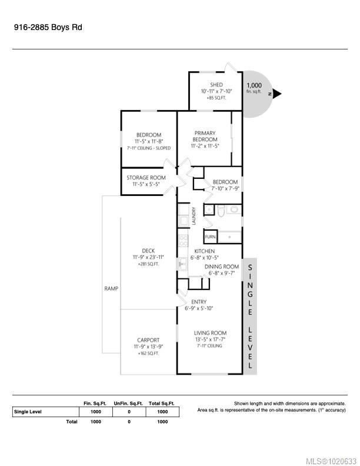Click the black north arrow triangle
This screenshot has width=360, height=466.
tap(277, 94)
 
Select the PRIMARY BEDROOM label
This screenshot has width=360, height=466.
tap(204, 137)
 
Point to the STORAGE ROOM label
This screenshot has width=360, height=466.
tap(146, 178)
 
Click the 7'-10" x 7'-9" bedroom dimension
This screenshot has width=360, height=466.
tap(225, 189)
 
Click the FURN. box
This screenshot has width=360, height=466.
tap(211, 237)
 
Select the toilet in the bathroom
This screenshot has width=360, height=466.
tap(221, 209)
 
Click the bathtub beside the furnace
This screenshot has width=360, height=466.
tap(230, 237)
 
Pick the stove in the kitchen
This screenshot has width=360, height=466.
tap(183, 241)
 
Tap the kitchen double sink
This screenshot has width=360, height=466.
tap(183, 265)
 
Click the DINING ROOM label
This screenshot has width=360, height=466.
tap(222, 267)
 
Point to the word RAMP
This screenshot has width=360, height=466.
tap(111, 288)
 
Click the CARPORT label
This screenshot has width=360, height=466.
tap(148, 340)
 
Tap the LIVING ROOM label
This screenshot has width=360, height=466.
tap(210, 333)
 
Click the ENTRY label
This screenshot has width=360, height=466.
tap(198, 302)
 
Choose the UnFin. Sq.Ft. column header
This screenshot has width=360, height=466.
tap(129, 403)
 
